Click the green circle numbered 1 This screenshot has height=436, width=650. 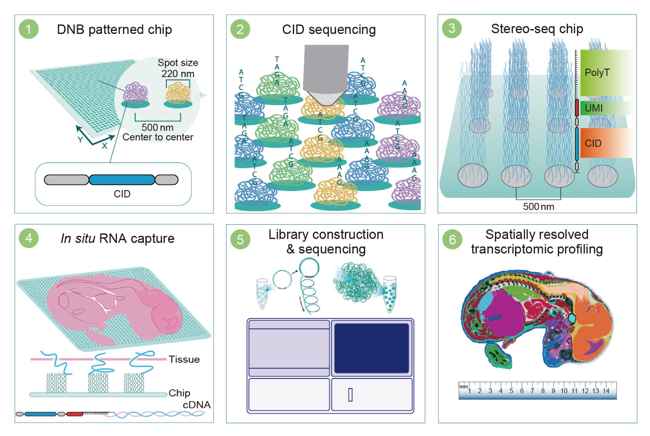coord(29,29)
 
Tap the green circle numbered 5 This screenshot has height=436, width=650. coord(240,239)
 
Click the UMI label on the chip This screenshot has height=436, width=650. coord(594,108)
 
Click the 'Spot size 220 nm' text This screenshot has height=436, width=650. coord(178,68)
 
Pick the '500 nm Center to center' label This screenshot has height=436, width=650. coord(158,132)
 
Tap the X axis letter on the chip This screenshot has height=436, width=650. coord(104,145)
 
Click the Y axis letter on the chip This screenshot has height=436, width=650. coord(80,139)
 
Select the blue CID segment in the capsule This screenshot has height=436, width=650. coord(122,180)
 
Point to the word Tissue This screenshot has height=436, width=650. coord(184,359)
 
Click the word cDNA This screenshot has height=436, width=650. coord(196,405)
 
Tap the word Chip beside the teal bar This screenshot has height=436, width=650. coord(179,393)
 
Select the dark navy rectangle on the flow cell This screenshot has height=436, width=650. coord(371,348)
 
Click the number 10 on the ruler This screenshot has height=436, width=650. coord(564,391)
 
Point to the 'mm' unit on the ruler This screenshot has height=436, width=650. coord(463,386)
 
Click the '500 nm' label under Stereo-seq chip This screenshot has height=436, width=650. coord(538,206)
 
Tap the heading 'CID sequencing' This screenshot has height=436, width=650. coord(329,29)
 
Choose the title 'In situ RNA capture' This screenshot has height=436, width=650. coord(117,239)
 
